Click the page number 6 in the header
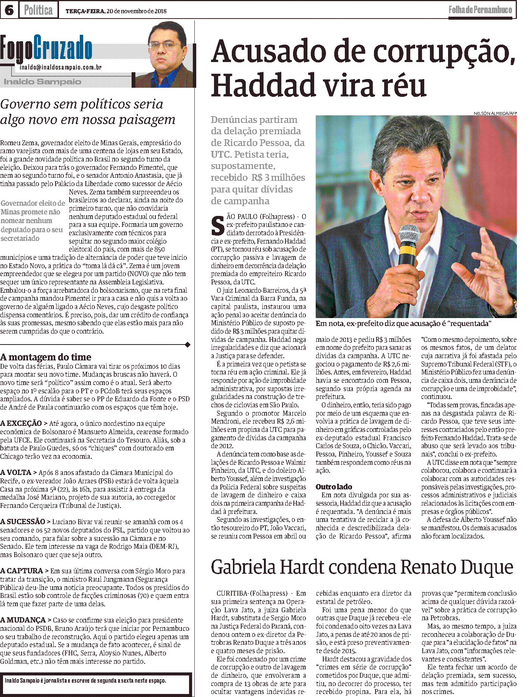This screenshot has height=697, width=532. point(9,10)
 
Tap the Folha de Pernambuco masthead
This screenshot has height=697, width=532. point(480,10)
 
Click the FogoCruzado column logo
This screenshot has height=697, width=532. point(46,48)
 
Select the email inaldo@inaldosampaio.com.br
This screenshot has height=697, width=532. point(61,67)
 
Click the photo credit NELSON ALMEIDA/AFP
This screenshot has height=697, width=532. point(495,113)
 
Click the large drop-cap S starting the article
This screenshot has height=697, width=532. point(217,225)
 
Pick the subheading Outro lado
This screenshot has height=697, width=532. point(334,487)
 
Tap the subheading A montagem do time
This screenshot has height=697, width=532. point(46,357)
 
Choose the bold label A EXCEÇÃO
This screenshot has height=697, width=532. point(21,424)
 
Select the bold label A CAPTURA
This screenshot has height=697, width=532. point(22,571)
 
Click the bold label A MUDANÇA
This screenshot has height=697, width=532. point(23,620)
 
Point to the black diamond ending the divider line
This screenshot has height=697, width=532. point(188,345)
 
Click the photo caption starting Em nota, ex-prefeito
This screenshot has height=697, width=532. point(403,324)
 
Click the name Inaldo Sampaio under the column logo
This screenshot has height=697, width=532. point(42,82)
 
